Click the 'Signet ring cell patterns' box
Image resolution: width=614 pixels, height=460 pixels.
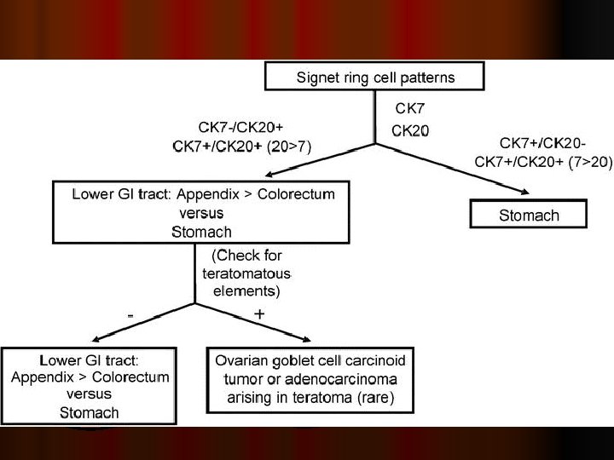coord(375,77)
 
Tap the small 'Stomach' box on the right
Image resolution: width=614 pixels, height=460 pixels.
coord(529,215)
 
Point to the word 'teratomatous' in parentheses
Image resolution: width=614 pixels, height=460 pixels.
coord(246,273)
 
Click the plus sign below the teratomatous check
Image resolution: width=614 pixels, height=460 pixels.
coord(259,314)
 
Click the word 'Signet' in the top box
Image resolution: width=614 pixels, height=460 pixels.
coord(317,78)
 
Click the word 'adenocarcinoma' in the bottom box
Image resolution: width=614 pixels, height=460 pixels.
coord(348,378)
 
